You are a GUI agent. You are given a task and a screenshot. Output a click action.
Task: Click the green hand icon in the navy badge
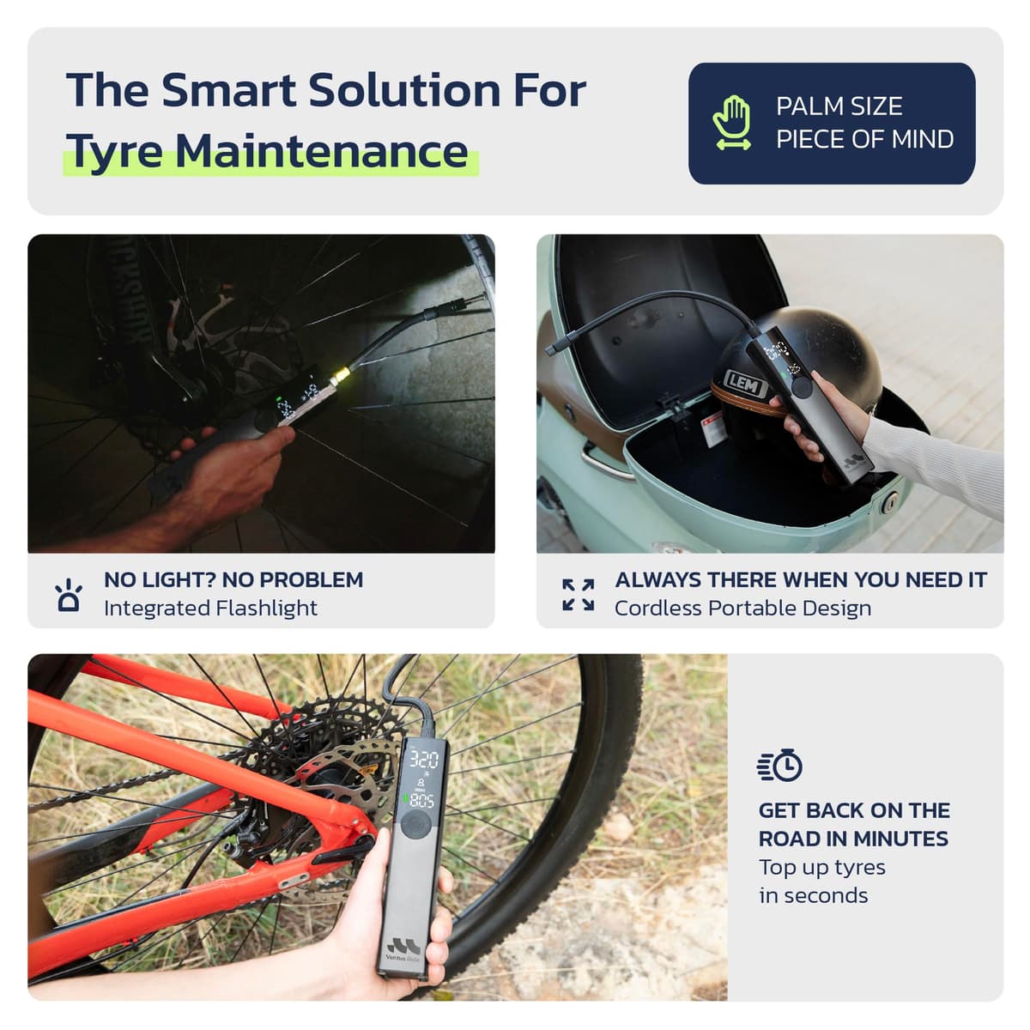pyautogui.click(x=732, y=123)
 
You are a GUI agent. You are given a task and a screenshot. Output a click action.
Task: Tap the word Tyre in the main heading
pyautogui.click(x=113, y=152)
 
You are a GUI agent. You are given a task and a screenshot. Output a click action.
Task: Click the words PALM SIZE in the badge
pyautogui.click(x=839, y=106)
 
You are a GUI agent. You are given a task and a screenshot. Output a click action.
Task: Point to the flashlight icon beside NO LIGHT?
pyautogui.click(x=69, y=594)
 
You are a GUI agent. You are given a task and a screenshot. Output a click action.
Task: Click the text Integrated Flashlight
pyautogui.click(x=210, y=609)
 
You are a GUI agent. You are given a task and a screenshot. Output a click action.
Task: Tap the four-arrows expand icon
pyautogui.click(x=579, y=594)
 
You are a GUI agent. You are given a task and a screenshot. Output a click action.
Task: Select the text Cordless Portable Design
pyautogui.click(x=743, y=609)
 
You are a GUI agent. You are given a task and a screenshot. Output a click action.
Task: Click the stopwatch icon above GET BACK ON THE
pyautogui.click(x=780, y=766)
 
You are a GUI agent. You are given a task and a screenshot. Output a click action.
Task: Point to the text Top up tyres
pyautogui.click(x=822, y=868)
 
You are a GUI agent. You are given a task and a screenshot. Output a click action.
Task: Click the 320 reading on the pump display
pyautogui.click(x=424, y=760)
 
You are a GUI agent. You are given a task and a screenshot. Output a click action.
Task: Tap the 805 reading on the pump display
pyautogui.click(x=421, y=801)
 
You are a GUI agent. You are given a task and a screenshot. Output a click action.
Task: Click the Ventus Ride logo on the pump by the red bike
pyautogui.click(x=403, y=950)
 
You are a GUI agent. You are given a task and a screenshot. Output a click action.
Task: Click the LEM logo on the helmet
pyautogui.click(x=744, y=384)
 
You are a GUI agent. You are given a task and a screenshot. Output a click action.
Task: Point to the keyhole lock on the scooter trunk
pyautogui.click(x=889, y=503)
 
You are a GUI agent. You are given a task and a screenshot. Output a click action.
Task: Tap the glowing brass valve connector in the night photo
pyautogui.click(x=340, y=376)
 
